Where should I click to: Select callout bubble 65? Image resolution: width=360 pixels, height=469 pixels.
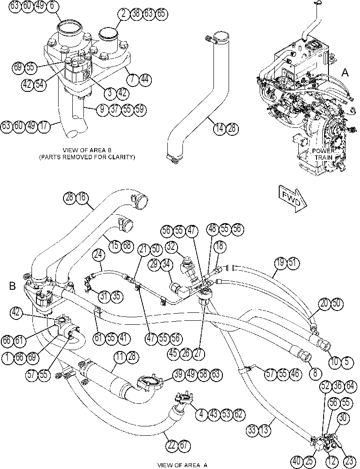click(161, 14)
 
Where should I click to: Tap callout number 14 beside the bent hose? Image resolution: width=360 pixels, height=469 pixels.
click(220, 129)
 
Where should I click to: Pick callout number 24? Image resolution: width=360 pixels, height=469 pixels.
click(99, 255)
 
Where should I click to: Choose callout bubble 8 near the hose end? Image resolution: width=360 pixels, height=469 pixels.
click(316, 373)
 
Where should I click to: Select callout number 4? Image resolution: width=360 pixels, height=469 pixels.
click(202, 414)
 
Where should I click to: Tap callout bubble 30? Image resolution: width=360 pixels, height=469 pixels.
click(343, 417)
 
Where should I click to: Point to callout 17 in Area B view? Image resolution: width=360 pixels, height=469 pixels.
click(44, 126)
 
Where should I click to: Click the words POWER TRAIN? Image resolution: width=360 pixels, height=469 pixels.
click(323, 154)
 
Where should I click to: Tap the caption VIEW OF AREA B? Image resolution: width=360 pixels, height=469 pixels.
click(87, 150)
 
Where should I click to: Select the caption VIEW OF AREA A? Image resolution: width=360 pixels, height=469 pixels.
click(182, 465)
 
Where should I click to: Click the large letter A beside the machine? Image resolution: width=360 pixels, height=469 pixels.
click(345, 72)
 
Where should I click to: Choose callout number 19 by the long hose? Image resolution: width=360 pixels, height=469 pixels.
click(281, 263)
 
